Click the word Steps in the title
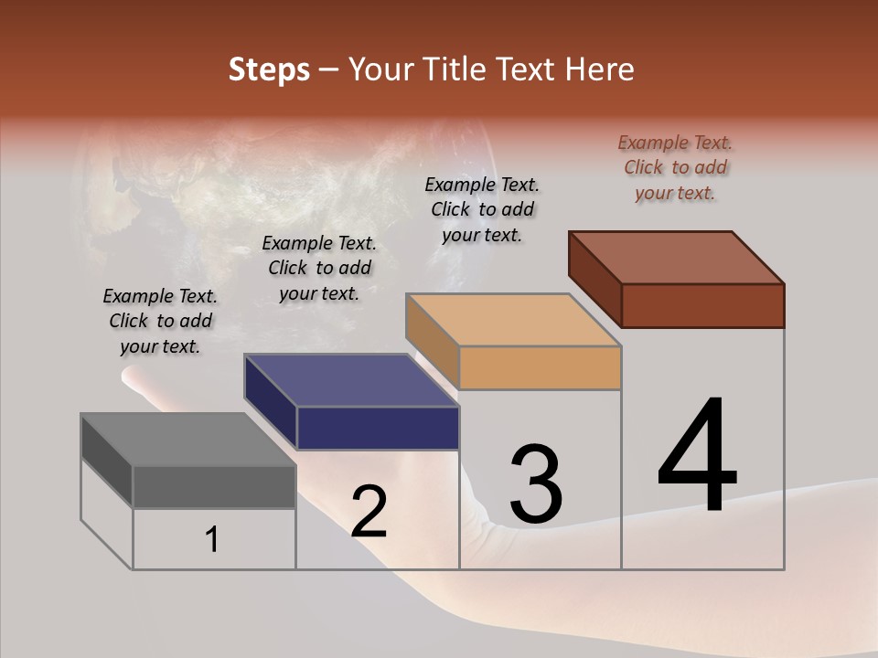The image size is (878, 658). (269, 69)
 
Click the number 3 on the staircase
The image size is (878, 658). (535, 484)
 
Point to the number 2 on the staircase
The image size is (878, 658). (369, 512)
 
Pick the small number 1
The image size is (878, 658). (211, 540)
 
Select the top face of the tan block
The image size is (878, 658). (513, 320)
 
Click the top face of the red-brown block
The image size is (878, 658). (677, 257)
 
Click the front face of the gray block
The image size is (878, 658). (214, 486)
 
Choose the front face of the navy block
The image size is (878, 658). (378, 428)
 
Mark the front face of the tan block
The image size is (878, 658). (540, 368)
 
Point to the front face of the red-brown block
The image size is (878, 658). (702, 305)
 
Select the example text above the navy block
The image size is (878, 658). (319, 269)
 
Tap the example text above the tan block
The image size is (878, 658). (482, 209)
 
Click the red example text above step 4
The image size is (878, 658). (675, 167)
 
